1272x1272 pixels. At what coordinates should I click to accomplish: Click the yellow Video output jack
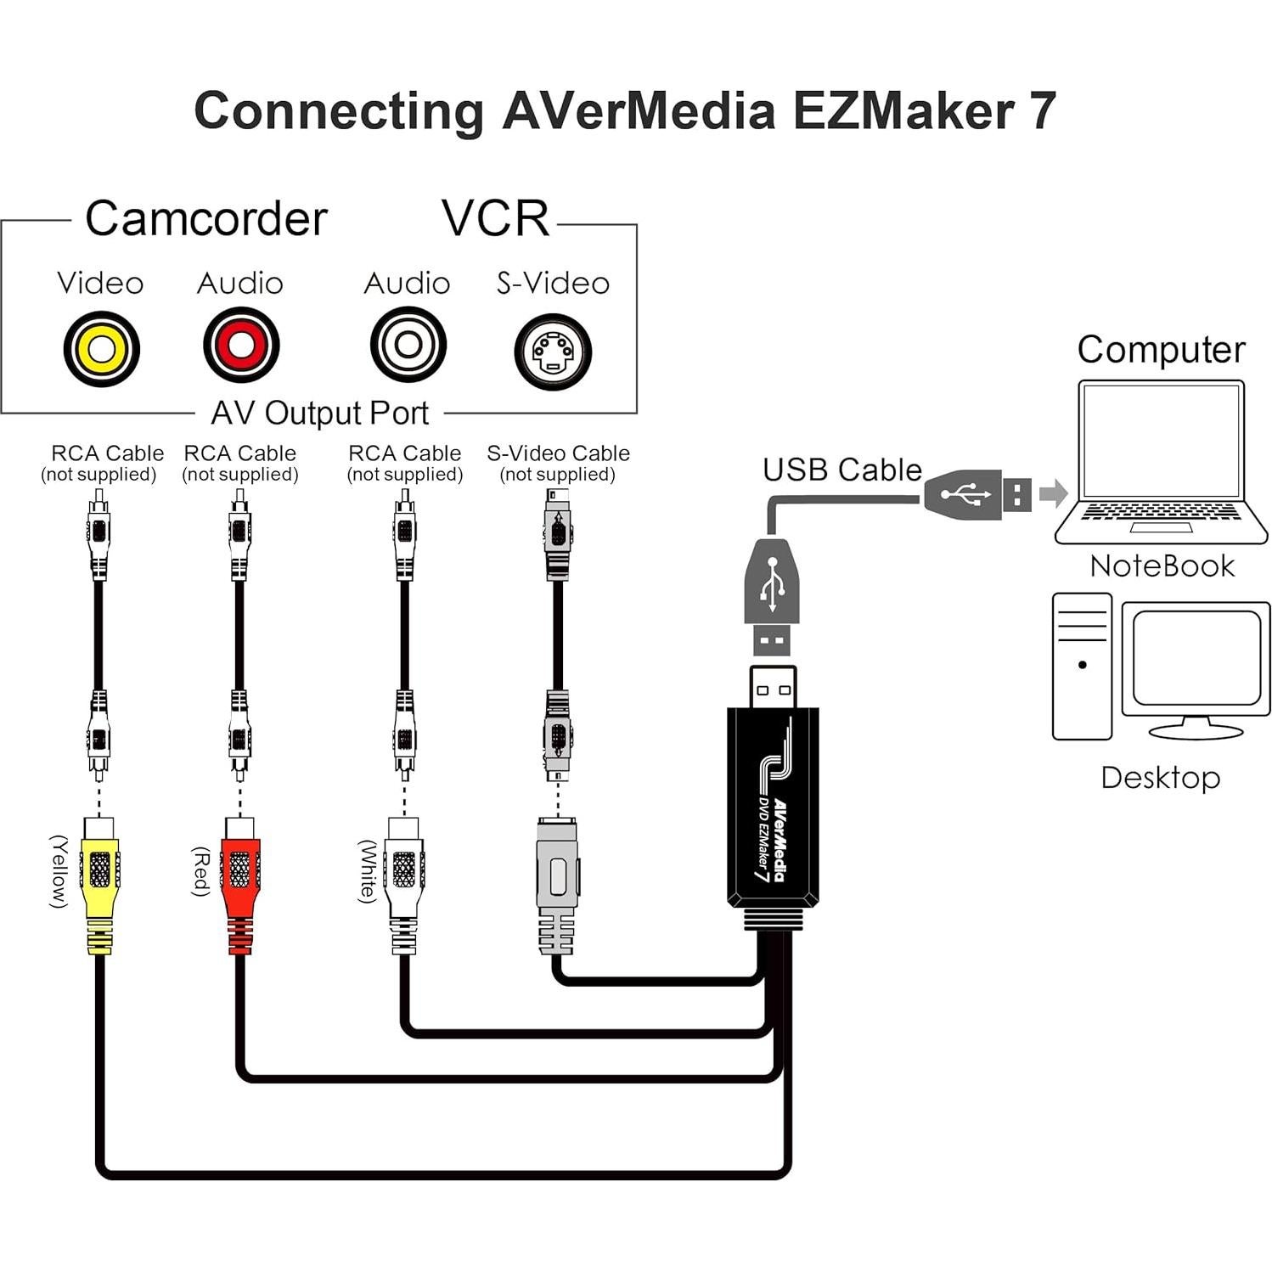pos(101,348)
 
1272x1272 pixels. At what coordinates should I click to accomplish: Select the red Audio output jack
pos(241,345)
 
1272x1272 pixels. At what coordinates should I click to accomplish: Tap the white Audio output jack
pos(408,345)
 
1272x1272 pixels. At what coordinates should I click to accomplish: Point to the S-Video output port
pos(553,352)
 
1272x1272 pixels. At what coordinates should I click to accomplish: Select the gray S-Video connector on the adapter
pos(557,883)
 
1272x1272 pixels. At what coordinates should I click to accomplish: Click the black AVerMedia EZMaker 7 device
pos(772,807)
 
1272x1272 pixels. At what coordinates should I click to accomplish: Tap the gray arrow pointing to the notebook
pos(1053,492)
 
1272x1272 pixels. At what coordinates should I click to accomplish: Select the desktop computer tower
pos(1082,667)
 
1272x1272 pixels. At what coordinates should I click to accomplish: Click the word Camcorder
pos(205,218)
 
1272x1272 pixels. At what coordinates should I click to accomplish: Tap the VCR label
pos(496,218)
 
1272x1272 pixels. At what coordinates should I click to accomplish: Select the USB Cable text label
pos(841,470)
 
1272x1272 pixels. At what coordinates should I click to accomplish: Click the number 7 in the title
pos(1041,110)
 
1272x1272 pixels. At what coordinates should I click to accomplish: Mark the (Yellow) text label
pos(58,871)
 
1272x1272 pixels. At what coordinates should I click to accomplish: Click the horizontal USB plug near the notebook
pos(977,493)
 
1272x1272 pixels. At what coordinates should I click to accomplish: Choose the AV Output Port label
pos(319,414)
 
